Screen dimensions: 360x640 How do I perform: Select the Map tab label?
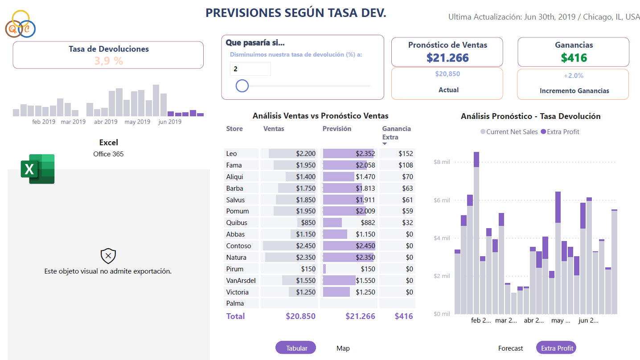pos(343,348)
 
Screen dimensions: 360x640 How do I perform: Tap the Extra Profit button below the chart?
pos(557,348)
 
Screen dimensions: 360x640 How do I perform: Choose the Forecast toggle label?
pos(511,348)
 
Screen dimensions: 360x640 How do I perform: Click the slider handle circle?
pos(242,86)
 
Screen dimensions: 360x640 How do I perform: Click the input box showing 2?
pos(250,69)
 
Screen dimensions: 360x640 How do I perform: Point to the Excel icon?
pos(37,169)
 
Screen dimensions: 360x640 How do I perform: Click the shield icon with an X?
pos(108,256)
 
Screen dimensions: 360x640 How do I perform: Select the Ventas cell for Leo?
pos(288,154)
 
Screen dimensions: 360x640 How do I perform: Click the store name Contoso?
pos(238,246)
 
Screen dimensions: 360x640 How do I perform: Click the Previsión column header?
pos(337,129)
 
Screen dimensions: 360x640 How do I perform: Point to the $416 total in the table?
pos(404,316)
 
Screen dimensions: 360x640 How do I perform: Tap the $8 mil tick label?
pos(442,162)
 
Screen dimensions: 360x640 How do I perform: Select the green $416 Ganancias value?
pos(574,57)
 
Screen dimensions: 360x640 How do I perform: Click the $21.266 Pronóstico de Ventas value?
pos(447,57)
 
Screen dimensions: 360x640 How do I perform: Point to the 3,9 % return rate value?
pos(108,61)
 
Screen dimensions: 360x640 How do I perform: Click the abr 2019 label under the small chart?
pos(106,122)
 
